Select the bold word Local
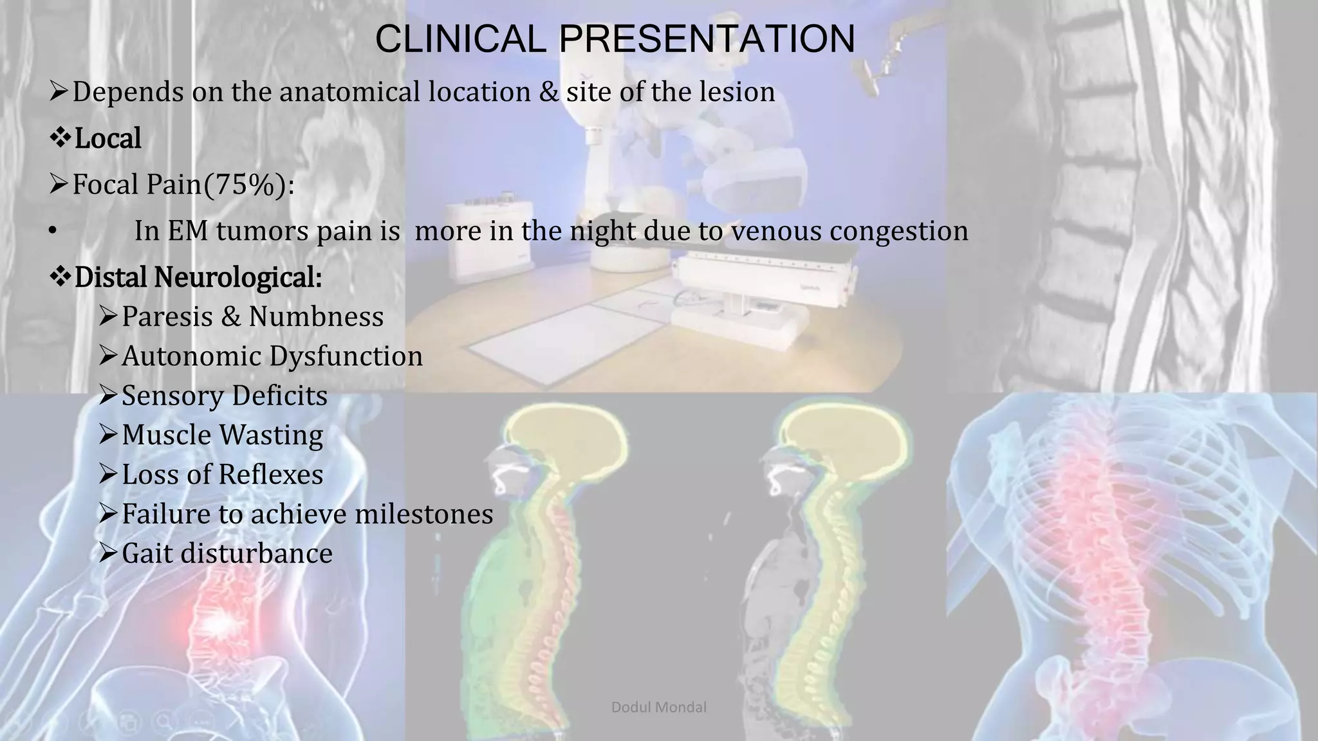point(107,138)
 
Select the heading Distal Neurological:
point(198,277)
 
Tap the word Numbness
point(316,316)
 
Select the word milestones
point(424,514)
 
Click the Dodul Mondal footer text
point(658,708)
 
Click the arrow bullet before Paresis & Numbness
point(107,316)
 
